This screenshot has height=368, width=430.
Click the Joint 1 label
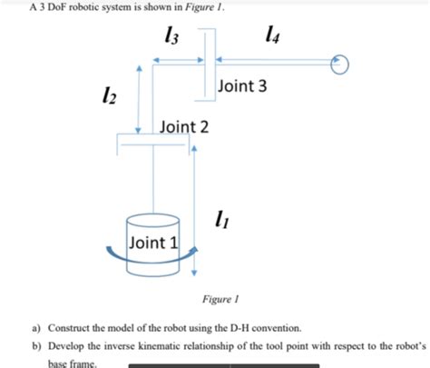(x=154, y=242)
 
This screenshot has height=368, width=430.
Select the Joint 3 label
(x=242, y=86)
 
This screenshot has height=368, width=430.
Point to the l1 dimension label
(x=218, y=218)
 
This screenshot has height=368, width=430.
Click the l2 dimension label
(x=111, y=94)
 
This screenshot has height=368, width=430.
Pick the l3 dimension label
(x=167, y=38)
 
